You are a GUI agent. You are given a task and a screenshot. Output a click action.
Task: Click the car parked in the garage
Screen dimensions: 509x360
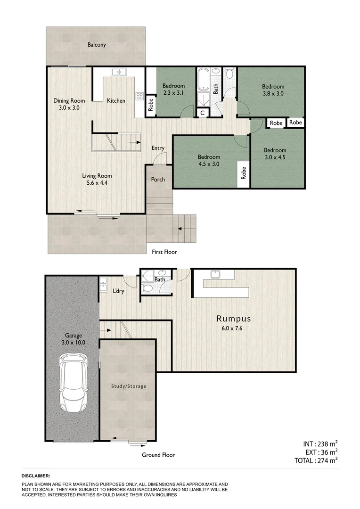(x=73, y=384)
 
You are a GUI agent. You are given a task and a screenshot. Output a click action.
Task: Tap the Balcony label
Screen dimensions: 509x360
(x=97, y=45)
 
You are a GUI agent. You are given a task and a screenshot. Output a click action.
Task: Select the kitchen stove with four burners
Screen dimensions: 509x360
(x=139, y=96)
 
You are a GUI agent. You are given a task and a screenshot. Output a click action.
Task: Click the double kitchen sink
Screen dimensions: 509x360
(x=118, y=72)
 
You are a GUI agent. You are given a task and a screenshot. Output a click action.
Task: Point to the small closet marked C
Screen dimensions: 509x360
(x=202, y=113)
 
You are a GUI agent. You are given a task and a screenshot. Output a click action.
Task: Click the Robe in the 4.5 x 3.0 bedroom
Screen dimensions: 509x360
(x=244, y=173)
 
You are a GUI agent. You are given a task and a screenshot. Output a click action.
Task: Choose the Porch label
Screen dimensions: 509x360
(x=158, y=180)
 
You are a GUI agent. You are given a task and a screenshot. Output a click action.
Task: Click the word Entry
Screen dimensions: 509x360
(x=158, y=148)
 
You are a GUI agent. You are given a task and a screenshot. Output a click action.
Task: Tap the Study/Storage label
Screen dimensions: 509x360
(x=129, y=386)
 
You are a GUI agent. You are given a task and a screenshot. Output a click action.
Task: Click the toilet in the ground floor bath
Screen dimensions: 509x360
(x=147, y=289)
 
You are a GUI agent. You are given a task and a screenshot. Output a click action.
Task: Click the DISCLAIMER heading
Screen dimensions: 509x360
(x=36, y=476)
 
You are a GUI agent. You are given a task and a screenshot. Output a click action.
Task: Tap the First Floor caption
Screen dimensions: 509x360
(x=164, y=252)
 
